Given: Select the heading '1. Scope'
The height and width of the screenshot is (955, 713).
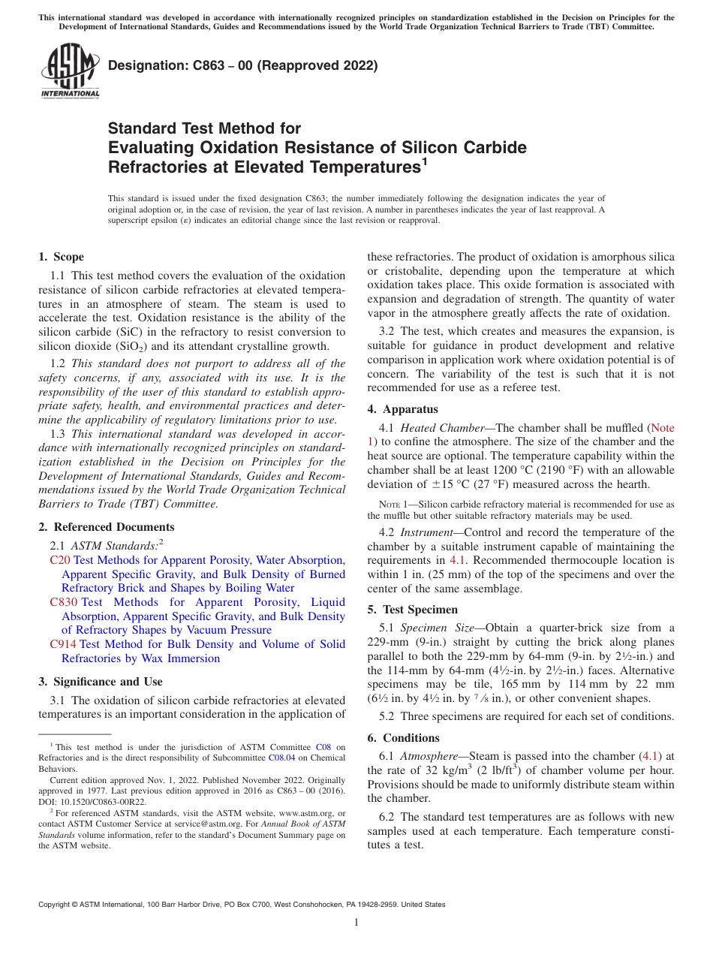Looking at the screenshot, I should (61, 257).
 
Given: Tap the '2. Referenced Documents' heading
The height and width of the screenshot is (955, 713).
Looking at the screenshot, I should (106, 527).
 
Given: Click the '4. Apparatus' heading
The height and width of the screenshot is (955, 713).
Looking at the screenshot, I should (402, 409).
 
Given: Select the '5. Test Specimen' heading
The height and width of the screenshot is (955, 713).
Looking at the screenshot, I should (412, 610).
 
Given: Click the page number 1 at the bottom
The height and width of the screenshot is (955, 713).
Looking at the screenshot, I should (356, 923).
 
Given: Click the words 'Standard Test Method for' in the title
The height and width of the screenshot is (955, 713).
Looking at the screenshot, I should (204, 128).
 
